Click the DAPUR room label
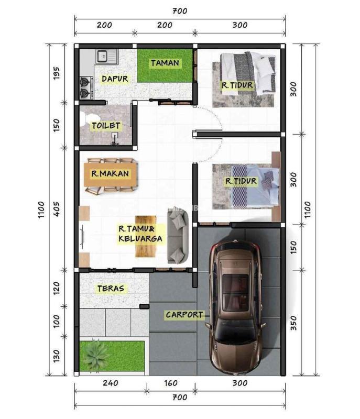115,79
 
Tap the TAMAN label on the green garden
165,63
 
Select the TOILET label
106,126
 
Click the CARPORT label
184,315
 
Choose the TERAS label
111,288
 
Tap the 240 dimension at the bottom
111,383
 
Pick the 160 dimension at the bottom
170,383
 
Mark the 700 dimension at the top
179,10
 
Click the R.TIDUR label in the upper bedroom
237,85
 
